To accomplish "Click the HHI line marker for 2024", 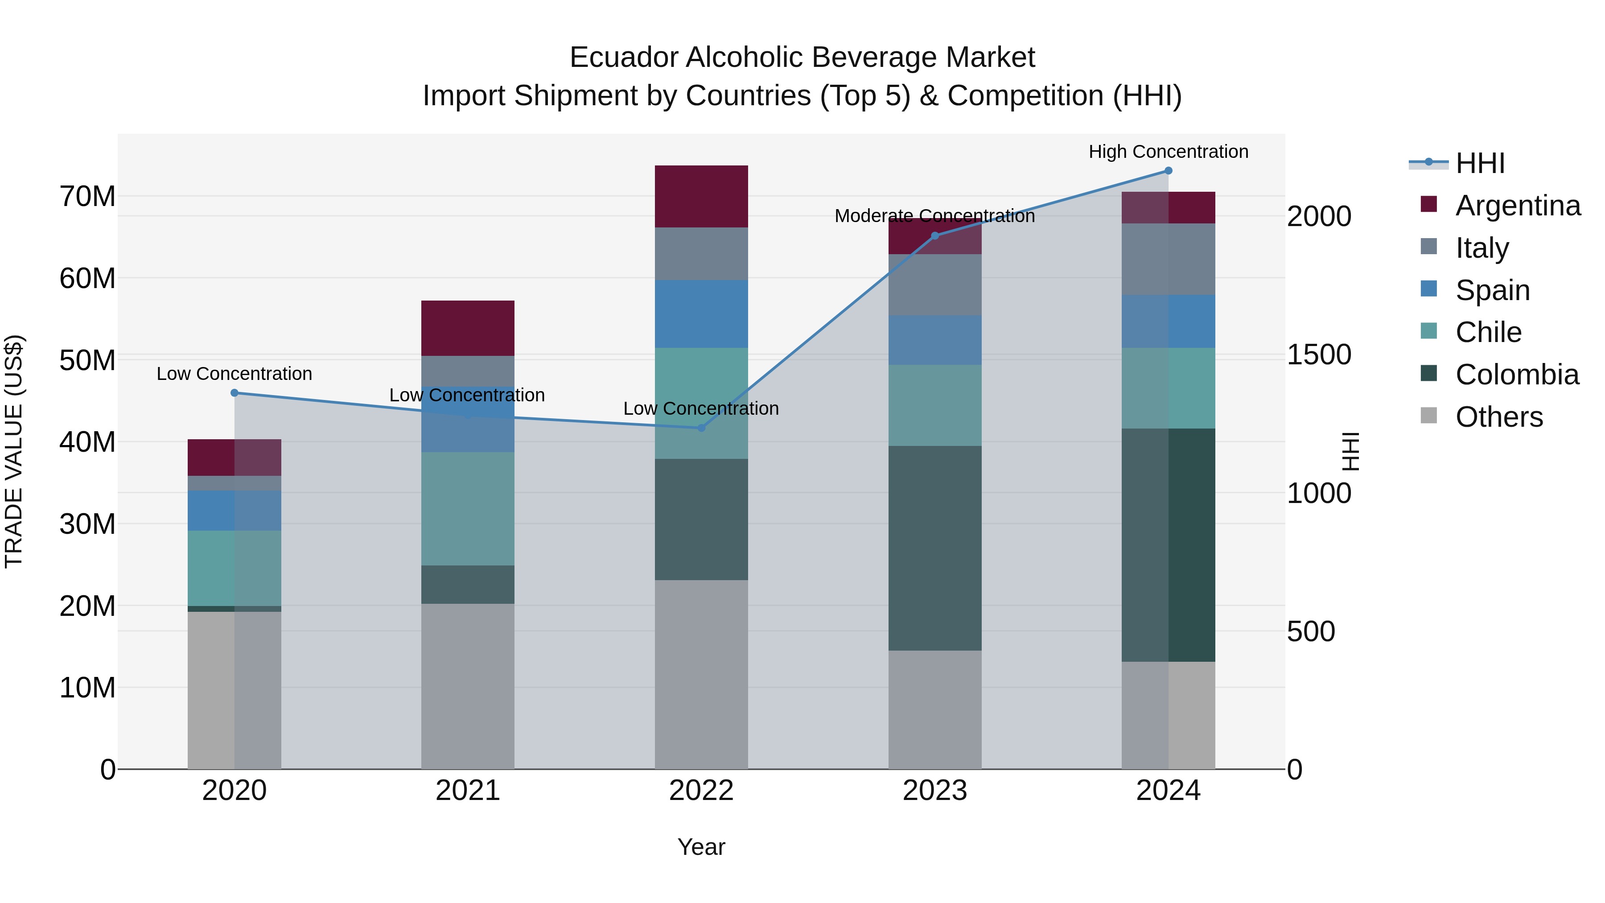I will (x=1168, y=171).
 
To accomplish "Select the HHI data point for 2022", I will (x=701, y=428).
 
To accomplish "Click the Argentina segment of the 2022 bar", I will (x=701, y=196).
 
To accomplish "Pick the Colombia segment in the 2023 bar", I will (x=934, y=548).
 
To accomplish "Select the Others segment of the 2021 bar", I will (x=467, y=685).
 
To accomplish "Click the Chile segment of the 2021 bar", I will (x=467, y=508).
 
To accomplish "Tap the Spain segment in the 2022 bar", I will (x=701, y=314).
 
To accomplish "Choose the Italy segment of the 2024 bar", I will (x=1168, y=259).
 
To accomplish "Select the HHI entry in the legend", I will (x=1480, y=163).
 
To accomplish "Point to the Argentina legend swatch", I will (x=1429, y=204).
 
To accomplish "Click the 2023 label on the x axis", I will (x=934, y=791).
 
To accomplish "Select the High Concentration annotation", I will (x=1168, y=152).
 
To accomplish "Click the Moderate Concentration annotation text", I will (x=934, y=216).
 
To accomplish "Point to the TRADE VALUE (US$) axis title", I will (x=14, y=451).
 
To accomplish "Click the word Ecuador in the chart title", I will (x=624, y=58).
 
